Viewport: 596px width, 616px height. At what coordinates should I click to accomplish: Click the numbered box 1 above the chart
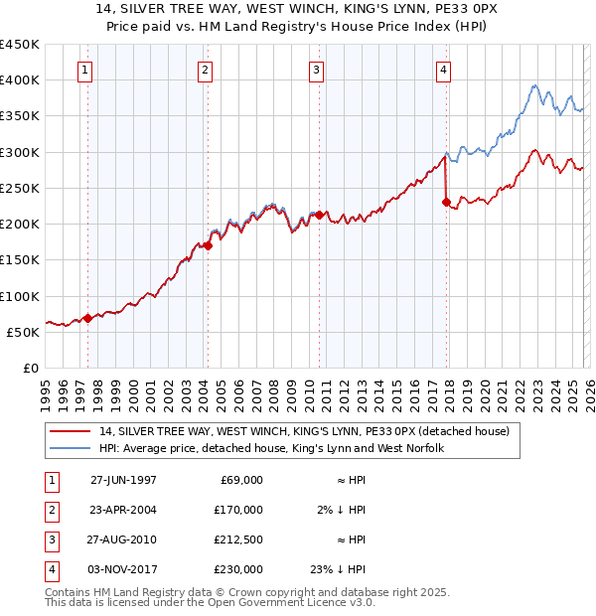coord(85,70)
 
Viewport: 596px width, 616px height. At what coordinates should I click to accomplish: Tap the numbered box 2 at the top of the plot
coord(205,70)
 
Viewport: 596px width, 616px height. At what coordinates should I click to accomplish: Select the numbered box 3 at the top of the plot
coord(316,70)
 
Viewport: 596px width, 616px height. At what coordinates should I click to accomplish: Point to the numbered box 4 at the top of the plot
coord(442,70)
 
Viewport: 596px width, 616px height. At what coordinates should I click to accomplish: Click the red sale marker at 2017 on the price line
coord(446,203)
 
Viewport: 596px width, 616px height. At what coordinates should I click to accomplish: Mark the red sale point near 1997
coord(87,319)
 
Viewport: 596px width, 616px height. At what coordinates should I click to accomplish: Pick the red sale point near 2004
coord(208,245)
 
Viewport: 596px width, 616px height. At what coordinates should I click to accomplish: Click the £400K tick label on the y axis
coord(20,80)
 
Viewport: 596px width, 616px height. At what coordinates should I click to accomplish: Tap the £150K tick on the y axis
coord(20,260)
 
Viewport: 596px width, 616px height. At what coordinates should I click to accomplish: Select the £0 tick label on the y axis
coord(32,369)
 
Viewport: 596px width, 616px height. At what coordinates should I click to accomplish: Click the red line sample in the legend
coord(71,432)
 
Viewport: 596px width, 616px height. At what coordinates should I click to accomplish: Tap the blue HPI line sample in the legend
coord(71,449)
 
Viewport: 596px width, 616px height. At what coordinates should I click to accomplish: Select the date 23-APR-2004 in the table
coord(123,510)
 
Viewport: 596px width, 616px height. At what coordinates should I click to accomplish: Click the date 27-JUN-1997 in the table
coord(123,480)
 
